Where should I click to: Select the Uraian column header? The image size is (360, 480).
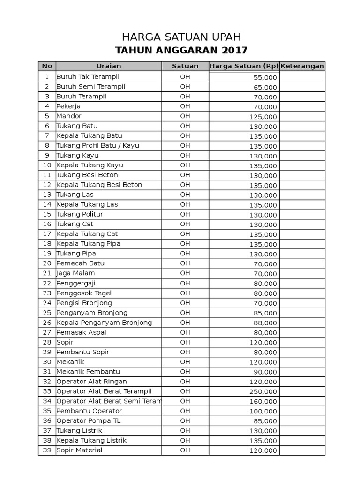tap(109, 66)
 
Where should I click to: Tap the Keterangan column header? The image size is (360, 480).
tap(302, 66)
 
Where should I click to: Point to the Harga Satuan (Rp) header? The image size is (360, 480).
tap(244, 66)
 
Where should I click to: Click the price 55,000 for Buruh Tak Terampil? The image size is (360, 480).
tap(265, 77)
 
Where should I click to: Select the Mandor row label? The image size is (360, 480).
tap(69, 116)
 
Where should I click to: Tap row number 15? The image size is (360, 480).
tap(47, 214)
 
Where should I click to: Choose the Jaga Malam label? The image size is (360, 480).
tap(75, 273)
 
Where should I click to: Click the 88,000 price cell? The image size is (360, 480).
tap(265, 323)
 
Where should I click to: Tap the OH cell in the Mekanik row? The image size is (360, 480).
tap(185, 361)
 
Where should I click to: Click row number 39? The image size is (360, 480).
tap(47, 450)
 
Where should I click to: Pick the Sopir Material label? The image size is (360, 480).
tap(79, 450)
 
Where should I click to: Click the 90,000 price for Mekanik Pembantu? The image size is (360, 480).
tap(265, 372)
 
